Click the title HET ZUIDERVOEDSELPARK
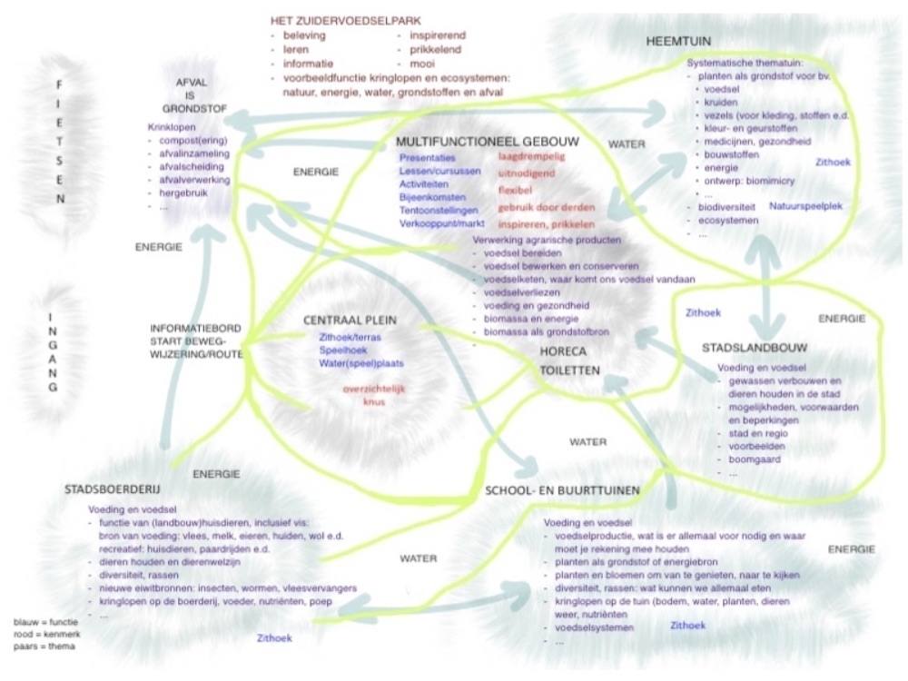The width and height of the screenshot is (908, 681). point(345,20)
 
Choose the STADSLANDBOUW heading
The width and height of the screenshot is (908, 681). point(750,348)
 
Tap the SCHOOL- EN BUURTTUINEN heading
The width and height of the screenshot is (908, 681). point(563,490)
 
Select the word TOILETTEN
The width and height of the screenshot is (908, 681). point(567,371)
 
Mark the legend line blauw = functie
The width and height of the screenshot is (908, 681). point(44,622)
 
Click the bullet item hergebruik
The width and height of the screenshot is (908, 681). point(186,192)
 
